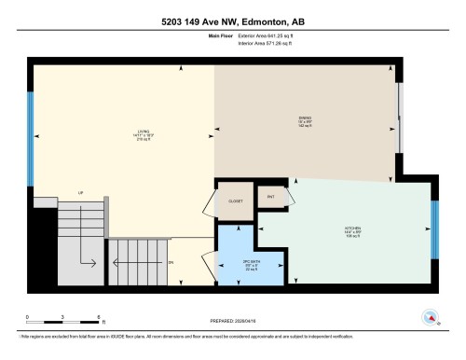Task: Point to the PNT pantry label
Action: tap(271, 197)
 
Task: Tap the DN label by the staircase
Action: tap(171, 263)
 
